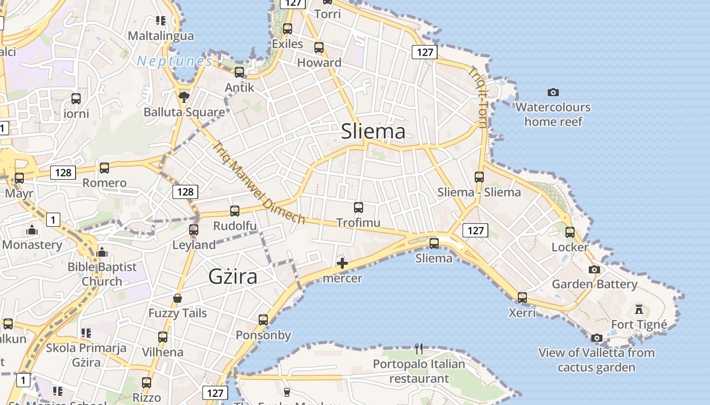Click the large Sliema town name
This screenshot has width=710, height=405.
coord(373,132)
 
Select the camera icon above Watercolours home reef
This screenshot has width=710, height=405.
coord(553,92)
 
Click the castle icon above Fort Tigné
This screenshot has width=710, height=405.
coord(639,308)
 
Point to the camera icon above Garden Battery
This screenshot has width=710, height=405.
coord(594,269)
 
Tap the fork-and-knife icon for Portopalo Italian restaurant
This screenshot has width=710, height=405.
coord(419,348)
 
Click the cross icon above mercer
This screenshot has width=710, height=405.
coord(342,263)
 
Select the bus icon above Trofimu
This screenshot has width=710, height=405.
coord(359,207)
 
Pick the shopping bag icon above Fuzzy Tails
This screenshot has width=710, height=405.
coord(177,298)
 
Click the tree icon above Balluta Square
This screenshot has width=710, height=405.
coord(184,96)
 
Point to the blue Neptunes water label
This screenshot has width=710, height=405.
coord(174,61)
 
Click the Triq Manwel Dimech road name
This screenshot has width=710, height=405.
coord(259,182)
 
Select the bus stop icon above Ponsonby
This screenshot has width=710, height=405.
coord(263,319)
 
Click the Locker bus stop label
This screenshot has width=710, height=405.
coord(570,248)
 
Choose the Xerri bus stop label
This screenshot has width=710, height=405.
coord(522,313)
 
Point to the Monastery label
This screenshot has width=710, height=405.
coord(32,245)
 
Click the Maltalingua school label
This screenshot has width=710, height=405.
coord(161,36)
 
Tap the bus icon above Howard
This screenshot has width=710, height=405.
coord(319,48)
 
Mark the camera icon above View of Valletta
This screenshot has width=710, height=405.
coord(597,337)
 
